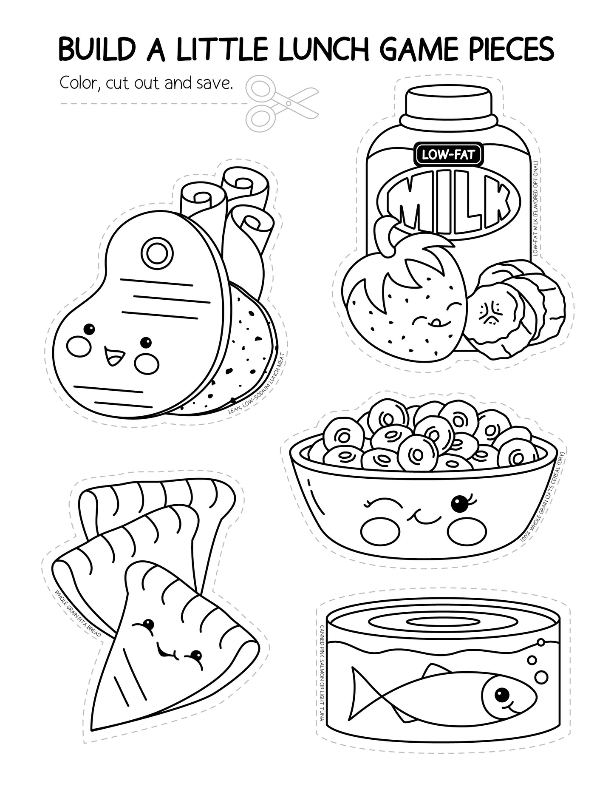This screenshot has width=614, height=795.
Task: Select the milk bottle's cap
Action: pyautogui.click(x=451, y=105)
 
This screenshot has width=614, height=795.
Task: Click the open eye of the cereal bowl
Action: pyautogui.click(x=461, y=504)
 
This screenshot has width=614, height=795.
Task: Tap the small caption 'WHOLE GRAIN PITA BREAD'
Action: pyautogui.click(x=79, y=613)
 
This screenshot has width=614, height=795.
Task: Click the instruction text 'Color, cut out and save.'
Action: pyautogui.click(x=147, y=83)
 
